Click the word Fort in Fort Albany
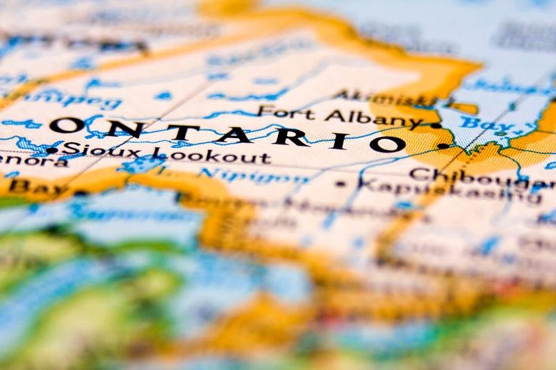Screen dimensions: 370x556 tap(276, 111)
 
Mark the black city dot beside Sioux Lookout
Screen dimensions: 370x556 tap(51, 150)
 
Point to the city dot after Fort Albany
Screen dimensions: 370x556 tap(436, 126)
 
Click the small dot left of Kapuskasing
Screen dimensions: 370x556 tap(340, 184)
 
